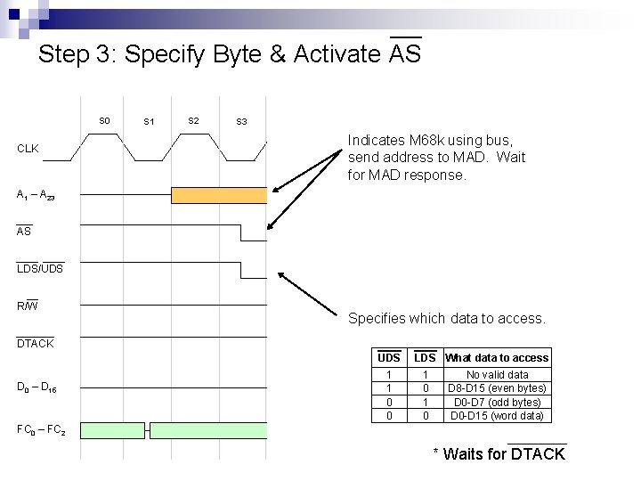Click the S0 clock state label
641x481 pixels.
[104, 120]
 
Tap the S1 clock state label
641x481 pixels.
[149, 121]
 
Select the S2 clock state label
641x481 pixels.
[193, 120]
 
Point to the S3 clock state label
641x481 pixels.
[241, 121]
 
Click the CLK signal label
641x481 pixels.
[28, 149]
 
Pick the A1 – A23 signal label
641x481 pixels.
[37, 194]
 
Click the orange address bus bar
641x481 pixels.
[218, 195]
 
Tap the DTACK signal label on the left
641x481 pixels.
[36, 344]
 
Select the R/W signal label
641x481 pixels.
[28, 306]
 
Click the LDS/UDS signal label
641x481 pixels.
[40, 269]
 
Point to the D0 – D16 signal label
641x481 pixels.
[37, 387]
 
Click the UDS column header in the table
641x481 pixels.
[389, 357]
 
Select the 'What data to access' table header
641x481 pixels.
[498, 357]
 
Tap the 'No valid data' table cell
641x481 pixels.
[498, 375]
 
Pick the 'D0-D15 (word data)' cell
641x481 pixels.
[498, 416]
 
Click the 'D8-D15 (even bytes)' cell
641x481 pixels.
[498, 388]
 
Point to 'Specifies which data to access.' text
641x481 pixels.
[446, 318]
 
